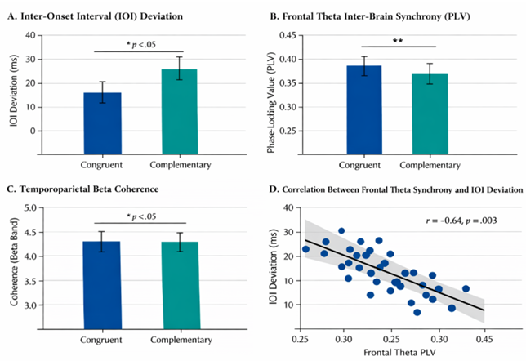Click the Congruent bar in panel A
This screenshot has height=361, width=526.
102,121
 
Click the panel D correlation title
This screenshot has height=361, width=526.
396,190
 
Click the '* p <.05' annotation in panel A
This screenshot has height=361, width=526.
140,44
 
